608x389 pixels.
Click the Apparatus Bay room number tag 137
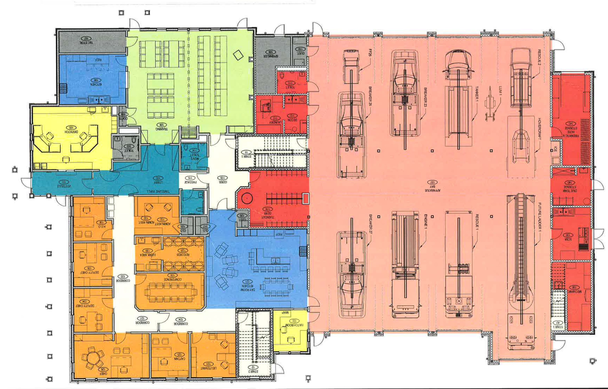pyautogui.click(x=432, y=182)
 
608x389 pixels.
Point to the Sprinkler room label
pyautogui.click(x=271, y=56)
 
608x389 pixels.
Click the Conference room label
pyautogui.click(x=172, y=279)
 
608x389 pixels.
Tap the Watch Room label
pyautogui.click(x=294, y=325)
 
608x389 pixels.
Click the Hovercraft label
pyautogui.click(x=540, y=129)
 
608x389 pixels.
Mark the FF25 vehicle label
pyautogui.click(x=370, y=53)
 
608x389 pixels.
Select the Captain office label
pyautogui.click(x=179, y=358)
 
